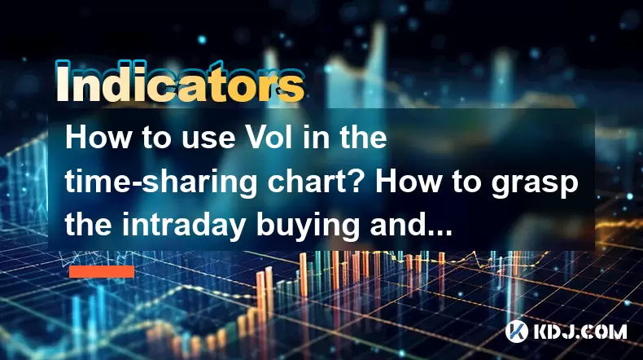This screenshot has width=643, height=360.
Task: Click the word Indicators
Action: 180,81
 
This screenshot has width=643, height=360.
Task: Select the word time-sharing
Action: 162,183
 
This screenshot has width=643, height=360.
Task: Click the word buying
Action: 308,227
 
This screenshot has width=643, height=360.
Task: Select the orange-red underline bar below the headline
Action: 102,272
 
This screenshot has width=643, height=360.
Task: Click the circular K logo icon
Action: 517,331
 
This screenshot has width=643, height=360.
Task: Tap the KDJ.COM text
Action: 580,331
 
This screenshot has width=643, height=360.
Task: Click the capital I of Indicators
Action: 62,82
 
